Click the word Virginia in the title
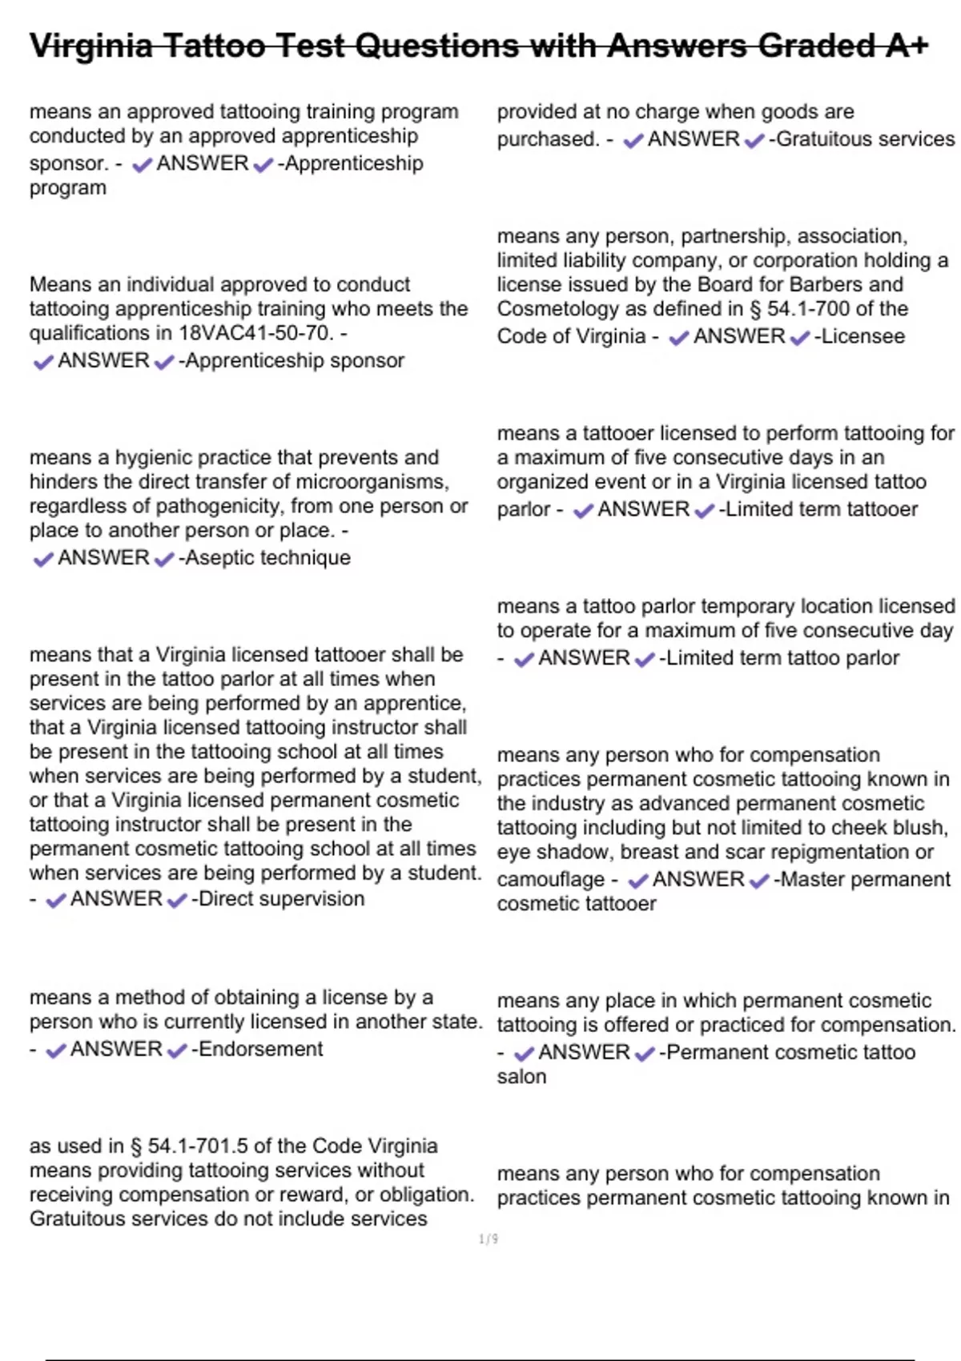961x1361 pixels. click(90, 46)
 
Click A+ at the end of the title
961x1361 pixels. click(907, 46)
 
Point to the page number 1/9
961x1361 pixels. click(489, 1239)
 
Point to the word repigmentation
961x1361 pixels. click(838, 852)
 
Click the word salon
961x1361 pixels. click(521, 1077)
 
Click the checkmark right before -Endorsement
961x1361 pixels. click(177, 1050)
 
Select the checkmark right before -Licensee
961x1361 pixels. click(799, 338)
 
